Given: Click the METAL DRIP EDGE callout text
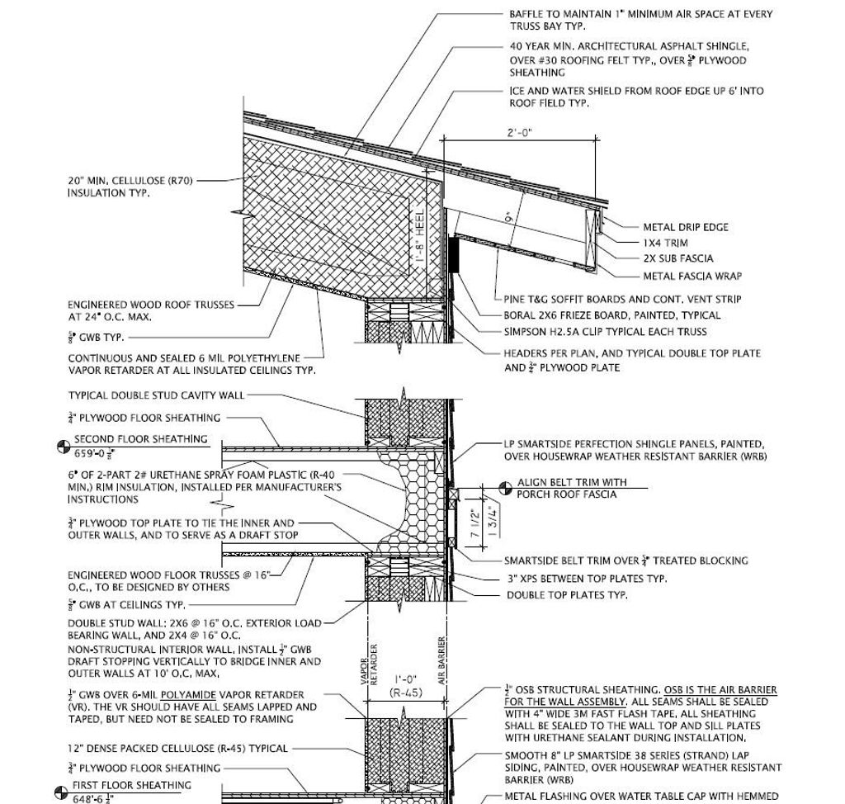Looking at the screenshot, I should pyautogui.click(x=686, y=227).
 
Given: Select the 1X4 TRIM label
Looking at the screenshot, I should pyautogui.click(x=665, y=243).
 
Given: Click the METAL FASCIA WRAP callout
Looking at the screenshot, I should pyautogui.click(x=692, y=276).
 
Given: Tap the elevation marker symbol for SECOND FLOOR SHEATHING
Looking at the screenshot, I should pyautogui.click(x=63, y=447).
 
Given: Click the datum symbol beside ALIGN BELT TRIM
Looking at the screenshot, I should pyautogui.click(x=505, y=488).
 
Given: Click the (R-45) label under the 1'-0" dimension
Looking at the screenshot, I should pyautogui.click(x=406, y=693).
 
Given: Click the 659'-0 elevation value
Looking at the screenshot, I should pyautogui.click(x=95, y=453).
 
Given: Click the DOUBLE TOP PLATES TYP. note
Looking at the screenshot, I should pyautogui.click(x=567, y=594).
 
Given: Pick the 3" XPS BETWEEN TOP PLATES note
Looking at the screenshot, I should pyautogui.click(x=587, y=579).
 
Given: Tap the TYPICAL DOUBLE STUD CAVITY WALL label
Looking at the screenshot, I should pyautogui.click(x=156, y=395).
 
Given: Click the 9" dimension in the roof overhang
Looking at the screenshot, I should pyautogui.click(x=508, y=219).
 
